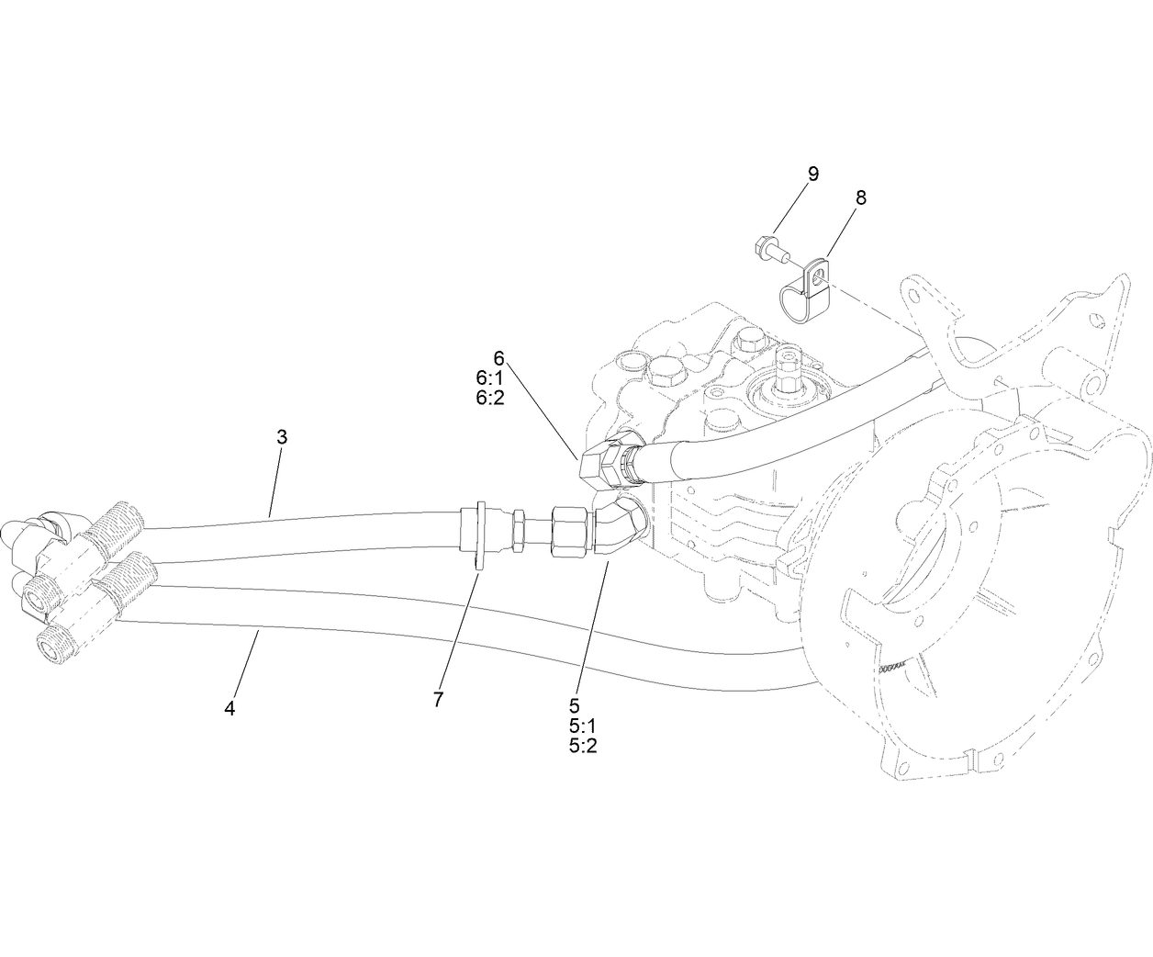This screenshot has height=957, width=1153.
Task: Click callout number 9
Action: pyautogui.click(x=812, y=174)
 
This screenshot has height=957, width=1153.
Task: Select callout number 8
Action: pyautogui.click(x=860, y=197)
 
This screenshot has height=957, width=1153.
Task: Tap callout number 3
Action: pyautogui.click(x=282, y=437)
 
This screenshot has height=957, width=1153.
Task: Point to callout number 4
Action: pyautogui.click(x=229, y=708)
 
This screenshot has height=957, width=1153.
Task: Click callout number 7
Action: pyautogui.click(x=438, y=699)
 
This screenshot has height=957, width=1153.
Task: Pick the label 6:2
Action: pyautogui.click(x=489, y=398)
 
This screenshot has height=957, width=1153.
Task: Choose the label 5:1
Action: pyautogui.click(x=583, y=726)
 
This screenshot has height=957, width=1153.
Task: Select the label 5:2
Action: pyautogui.click(x=583, y=746)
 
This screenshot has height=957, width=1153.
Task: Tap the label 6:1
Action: pyautogui.click(x=489, y=378)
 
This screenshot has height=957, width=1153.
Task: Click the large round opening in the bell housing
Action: pyautogui.click(x=955, y=588)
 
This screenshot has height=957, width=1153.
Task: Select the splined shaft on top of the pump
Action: pyautogui.click(x=789, y=366)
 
